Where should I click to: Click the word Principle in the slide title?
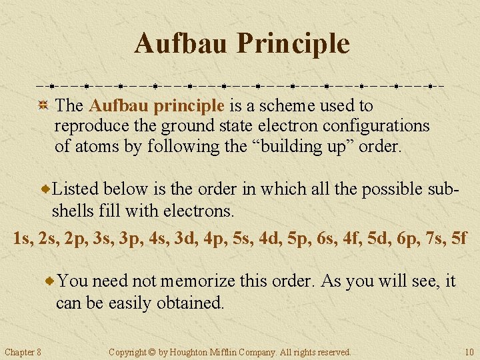[x=293, y=44]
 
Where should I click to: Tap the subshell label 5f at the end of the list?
[x=458, y=237]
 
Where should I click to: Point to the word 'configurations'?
[x=377, y=126]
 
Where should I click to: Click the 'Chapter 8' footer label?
[x=23, y=352]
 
